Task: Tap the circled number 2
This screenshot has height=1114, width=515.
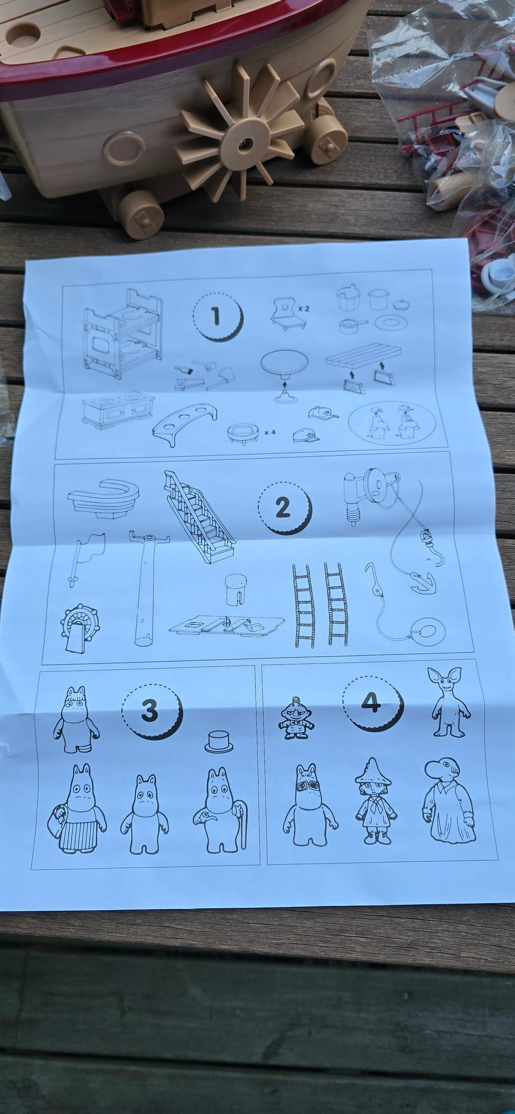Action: tap(283, 508)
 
